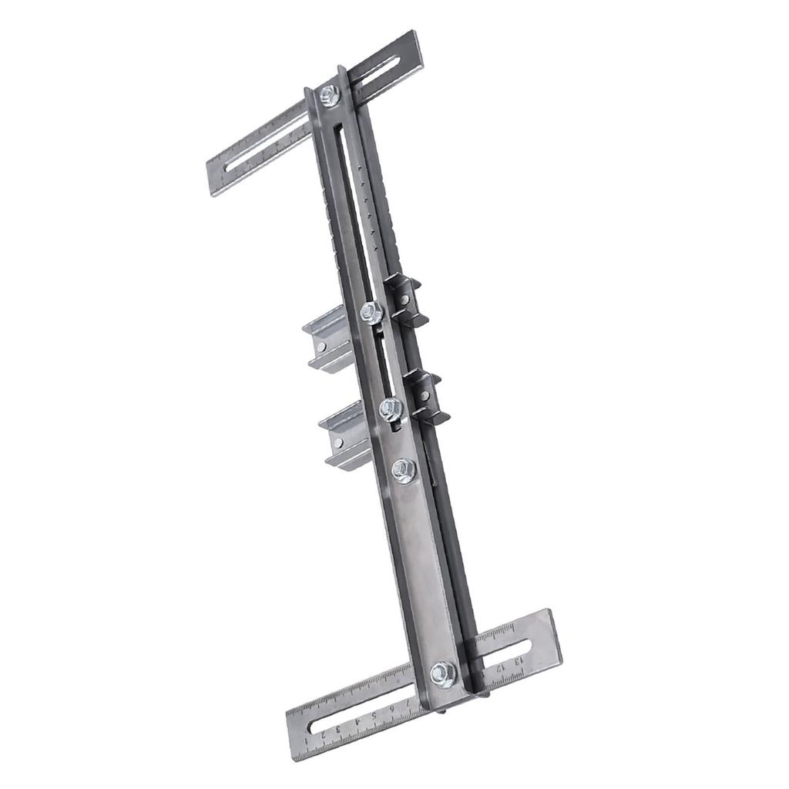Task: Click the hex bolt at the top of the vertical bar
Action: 330,96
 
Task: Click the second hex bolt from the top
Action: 371,312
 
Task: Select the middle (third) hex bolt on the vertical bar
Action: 391,408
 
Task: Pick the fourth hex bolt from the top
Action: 404,469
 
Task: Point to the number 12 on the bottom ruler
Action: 499,667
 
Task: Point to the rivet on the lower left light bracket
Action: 338,443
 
